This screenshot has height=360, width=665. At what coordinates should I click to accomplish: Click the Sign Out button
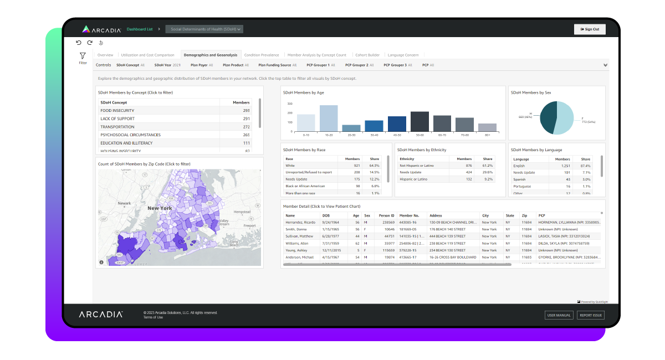click(x=590, y=29)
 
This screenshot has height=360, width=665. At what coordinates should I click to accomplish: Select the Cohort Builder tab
click(x=367, y=55)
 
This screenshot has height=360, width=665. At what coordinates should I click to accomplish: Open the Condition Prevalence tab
click(x=262, y=55)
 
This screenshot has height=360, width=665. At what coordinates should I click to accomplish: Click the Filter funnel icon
click(x=83, y=56)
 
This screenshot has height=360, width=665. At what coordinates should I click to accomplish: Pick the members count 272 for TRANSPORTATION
click(x=246, y=127)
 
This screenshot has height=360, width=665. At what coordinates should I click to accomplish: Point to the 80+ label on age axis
click(x=487, y=135)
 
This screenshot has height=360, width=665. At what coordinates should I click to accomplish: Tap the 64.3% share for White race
click(x=374, y=165)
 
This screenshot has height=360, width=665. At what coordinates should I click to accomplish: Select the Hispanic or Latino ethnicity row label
click(x=413, y=179)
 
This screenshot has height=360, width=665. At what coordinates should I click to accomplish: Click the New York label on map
click(x=159, y=208)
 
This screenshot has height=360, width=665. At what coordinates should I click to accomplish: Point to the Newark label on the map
click(x=125, y=203)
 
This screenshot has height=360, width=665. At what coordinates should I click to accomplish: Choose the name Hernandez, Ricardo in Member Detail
click(x=300, y=222)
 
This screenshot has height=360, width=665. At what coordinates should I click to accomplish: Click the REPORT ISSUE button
click(x=590, y=315)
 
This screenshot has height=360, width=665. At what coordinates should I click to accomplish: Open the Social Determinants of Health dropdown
click(x=204, y=29)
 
